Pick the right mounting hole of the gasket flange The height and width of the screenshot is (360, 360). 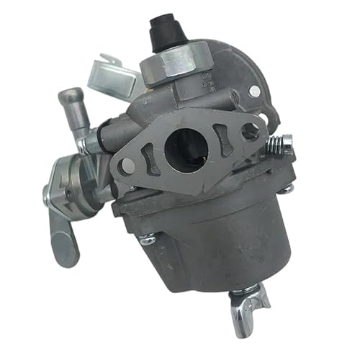tap(250, 130)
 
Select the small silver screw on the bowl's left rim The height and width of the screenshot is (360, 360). tap(148, 239)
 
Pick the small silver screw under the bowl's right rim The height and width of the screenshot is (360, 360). tap(286, 189)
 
